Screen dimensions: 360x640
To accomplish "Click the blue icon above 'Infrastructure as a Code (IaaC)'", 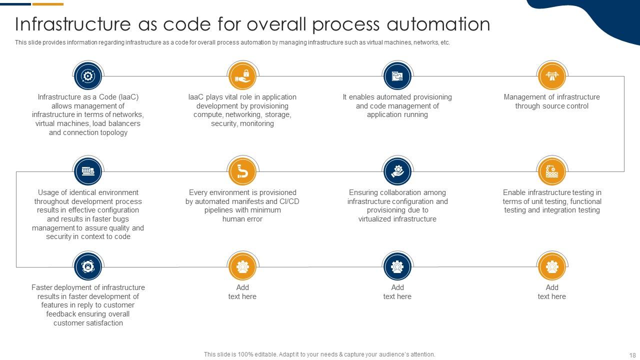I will click(x=88, y=76).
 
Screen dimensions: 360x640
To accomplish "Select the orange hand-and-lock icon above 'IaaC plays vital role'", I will click(x=242, y=76).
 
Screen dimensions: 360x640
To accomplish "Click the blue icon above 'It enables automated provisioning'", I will click(x=397, y=76).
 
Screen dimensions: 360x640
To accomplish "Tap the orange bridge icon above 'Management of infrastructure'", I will click(x=552, y=76).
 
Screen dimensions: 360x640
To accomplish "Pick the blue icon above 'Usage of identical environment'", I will click(x=88, y=171).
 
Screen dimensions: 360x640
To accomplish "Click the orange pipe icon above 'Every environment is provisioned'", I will click(x=242, y=171).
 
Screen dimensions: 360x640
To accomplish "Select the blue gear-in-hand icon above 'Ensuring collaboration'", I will click(x=397, y=171).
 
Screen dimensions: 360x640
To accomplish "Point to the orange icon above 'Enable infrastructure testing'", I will click(x=552, y=171).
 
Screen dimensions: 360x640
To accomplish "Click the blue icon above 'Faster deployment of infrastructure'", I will click(x=88, y=267).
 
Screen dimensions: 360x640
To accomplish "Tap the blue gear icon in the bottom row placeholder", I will click(x=397, y=267).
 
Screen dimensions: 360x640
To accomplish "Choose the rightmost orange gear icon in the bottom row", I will click(x=552, y=267).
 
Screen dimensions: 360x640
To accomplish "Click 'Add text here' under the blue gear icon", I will click(x=397, y=292).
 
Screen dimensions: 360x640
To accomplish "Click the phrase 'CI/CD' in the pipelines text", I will click(x=289, y=201).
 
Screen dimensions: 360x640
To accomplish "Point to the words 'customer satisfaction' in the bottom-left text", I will click(x=88, y=323).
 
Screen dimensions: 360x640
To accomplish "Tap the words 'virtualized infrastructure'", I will click(x=397, y=219).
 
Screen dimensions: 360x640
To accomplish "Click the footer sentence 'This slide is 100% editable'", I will click(x=319, y=354).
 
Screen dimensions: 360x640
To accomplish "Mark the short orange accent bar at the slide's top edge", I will click(x=48, y=4).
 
